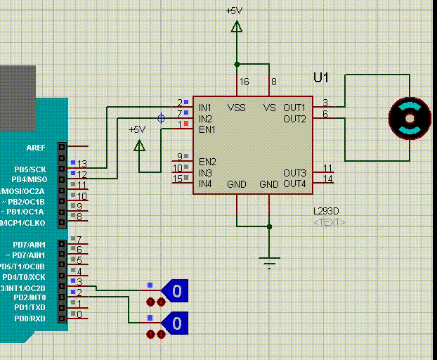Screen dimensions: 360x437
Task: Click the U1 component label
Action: (320, 77)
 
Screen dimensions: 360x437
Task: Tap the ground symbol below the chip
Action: (269, 262)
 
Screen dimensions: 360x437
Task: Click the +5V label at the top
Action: (235, 11)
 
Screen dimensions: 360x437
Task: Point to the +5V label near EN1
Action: (137, 129)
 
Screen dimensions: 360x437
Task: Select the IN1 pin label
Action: (205, 108)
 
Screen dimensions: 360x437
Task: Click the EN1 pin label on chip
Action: (207, 129)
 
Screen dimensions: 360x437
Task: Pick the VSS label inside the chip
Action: (237, 108)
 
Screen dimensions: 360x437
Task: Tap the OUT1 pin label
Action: (294, 108)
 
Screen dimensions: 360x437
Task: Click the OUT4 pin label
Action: (294, 184)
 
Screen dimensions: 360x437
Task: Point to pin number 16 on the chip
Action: (244, 82)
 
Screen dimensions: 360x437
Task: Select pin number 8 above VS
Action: (274, 82)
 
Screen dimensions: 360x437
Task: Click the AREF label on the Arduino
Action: (36, 148)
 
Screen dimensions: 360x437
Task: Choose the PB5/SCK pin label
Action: (30, 169)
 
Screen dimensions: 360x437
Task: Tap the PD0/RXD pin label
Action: (30, 319)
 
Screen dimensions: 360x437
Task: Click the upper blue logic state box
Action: (176, 290)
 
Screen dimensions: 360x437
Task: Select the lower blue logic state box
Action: (176, 323)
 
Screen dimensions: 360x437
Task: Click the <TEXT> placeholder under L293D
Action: (329, 222)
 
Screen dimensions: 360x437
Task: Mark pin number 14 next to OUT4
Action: (328, 179)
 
